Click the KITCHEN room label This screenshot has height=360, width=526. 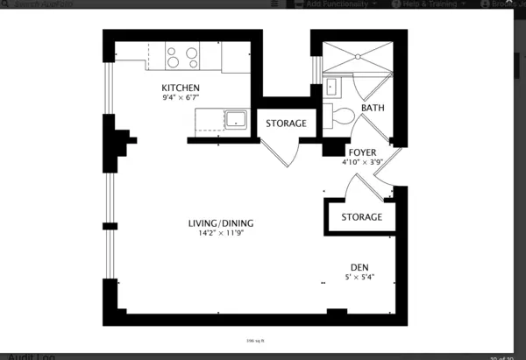coord(181,88)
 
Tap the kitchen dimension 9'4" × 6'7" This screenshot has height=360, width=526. coord(181,99)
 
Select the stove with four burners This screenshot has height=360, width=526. coord(181,57)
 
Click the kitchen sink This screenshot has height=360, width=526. coord(236,120)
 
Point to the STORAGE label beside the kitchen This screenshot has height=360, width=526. coord(286,124)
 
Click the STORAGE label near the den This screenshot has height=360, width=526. coord(361,216)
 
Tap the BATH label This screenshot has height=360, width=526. coord(373,109)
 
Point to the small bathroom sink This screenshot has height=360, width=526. coord(331,87)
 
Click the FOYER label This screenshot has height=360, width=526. coord(362,152)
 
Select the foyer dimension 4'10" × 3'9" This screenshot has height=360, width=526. coord(362,162)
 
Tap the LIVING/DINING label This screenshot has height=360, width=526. coord(220,223)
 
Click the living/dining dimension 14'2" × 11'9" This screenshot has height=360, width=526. coord(220,235)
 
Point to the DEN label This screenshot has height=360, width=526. coord(359,267)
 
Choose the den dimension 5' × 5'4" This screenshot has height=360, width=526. coord(359,278)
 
